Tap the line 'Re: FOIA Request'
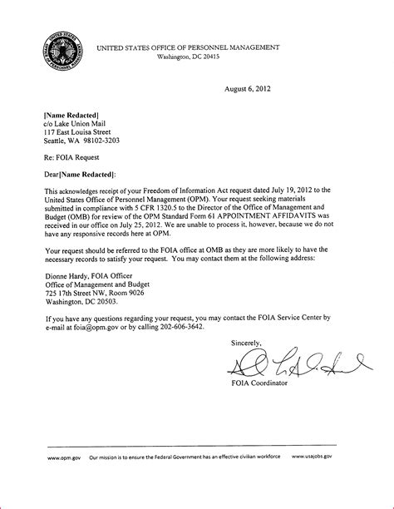[x=73, y=156]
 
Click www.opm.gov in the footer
[x=63, y=481]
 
